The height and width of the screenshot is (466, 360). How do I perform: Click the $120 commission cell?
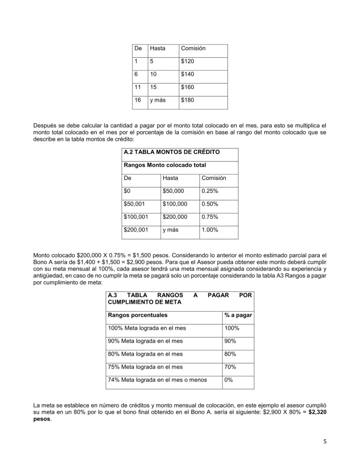click(188, 61)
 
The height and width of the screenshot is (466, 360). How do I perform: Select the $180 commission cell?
click(188, 100)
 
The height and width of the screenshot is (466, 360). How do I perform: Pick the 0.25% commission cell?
click(210, 191)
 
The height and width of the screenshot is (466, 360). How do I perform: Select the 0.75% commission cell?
click(210, 217)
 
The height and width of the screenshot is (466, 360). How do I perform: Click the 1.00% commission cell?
click(210, 230)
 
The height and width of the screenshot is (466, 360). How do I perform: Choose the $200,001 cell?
click(136, 230)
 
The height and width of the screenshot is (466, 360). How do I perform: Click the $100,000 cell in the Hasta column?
click(175, 204)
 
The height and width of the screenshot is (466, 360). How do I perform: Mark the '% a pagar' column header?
click(238, 315)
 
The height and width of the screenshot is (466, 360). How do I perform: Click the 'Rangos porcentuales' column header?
click(138, 315)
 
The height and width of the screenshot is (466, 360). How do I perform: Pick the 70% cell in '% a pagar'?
click(230, 367)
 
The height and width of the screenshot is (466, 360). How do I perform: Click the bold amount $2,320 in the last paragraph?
click(318, 412)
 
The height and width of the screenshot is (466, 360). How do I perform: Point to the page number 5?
click(325, 441)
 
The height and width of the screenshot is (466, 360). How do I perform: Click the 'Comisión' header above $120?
click(193, 48)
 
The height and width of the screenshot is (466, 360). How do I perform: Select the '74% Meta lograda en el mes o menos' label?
click(157, 380)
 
